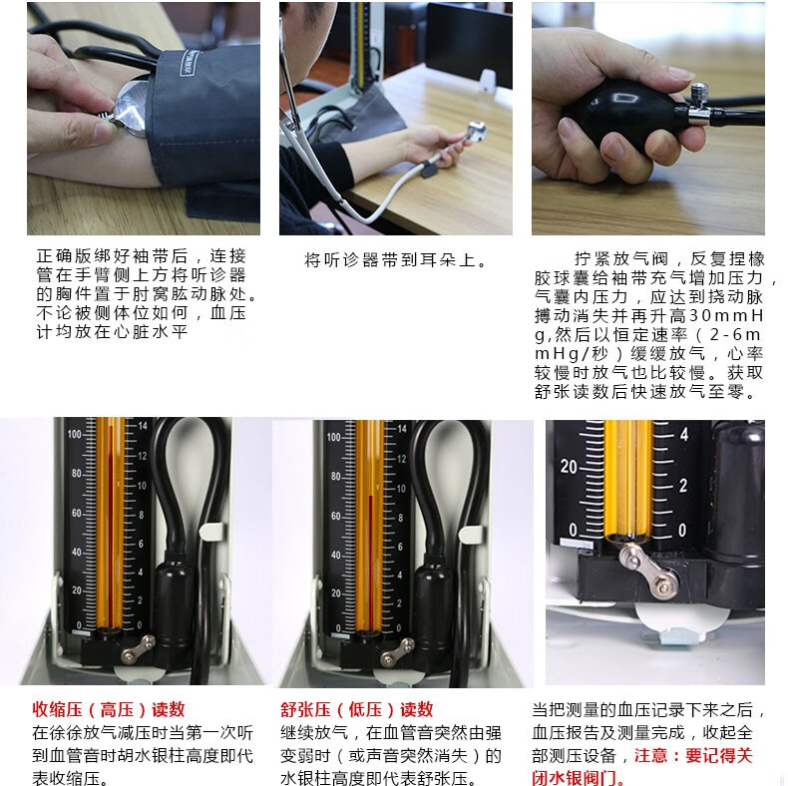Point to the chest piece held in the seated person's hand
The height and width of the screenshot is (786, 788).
(x=475, y=131)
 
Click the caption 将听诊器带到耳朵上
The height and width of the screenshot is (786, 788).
(x=395, y=261)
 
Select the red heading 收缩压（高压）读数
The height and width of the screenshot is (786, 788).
(x=109, y=709)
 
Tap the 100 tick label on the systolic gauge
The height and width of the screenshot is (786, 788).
(x=74, y=435)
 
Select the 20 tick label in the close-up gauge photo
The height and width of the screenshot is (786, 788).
(x=570, y=466)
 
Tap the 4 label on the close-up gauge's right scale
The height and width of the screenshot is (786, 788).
(x=684, y=435)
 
